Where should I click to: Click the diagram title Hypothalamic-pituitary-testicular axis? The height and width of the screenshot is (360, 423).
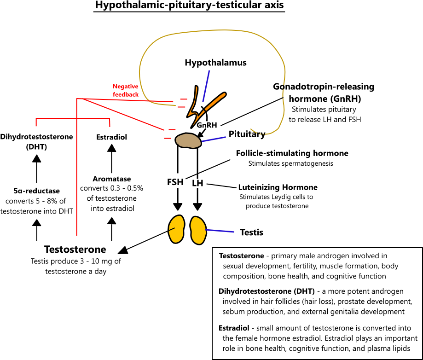pyautogui.click(x=189, y=5)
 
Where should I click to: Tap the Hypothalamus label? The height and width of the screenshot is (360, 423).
pyautogui.click(x=215, y=63)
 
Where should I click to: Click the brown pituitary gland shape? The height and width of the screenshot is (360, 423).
pyautogui.click(x=188, y=140)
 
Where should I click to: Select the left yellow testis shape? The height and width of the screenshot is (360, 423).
pyautogui.click(x=176, y=229)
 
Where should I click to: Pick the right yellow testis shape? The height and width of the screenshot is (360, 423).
pyautogui.click(x=198, y=230)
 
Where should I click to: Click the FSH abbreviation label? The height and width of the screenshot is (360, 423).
pyautogui.click(x=175, y=182)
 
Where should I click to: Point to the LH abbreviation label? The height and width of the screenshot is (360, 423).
pyautogui.click(x=197, y=183)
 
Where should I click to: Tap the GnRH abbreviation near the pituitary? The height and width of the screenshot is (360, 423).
pyautogui.click(x=207, y=125)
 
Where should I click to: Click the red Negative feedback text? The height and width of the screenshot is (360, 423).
pyautogui.click(x=126, y=90)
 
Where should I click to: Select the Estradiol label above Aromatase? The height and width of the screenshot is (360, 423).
pyautogui.click(x=111, y=137)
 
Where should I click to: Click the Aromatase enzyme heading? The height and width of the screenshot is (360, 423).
pyautogui.click(x=112, y=179)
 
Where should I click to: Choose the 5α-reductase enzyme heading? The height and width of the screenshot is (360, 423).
pyautogui.click(x=37, y=191)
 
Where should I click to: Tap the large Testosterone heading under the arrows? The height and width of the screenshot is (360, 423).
pyautogui.click(x=75, y=250)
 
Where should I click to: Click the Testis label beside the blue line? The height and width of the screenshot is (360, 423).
pyautogui.click(x=251, y=232)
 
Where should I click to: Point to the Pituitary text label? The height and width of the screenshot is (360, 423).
pyautogui.click(x=247, y=134)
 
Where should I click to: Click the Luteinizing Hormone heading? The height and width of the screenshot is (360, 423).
pyautogui.click(x=278, y=187)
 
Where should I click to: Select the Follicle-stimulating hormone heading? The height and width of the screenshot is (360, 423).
pyautogui.click(x=292, y=153)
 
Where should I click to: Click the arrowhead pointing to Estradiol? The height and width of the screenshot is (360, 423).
pyautogui.click(x=112, y=148)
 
